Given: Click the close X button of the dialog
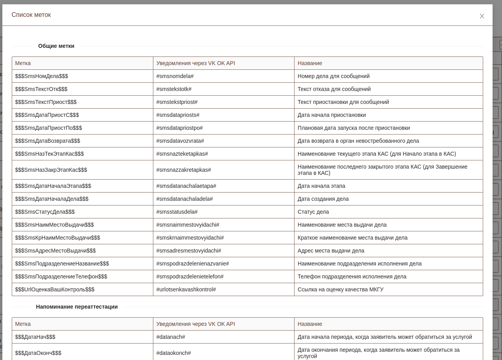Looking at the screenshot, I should click(482, 16).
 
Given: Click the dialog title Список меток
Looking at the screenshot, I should click(31, 15).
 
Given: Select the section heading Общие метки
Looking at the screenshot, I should click(56, 46).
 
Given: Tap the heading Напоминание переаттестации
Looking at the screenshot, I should click(77, 307).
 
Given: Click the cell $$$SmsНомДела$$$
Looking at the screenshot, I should click(42, 76).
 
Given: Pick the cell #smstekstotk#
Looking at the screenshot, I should click(174, 89).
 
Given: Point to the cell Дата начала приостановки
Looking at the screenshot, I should click(331, 115).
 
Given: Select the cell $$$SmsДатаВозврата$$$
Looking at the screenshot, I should click(47, 141).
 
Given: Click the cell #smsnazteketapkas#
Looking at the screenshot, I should click(182, 154).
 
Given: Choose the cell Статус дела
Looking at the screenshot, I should click(313, 212).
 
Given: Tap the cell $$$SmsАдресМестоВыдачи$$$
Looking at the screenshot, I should click(55, 251).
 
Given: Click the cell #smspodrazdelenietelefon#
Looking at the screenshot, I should click(190, 276).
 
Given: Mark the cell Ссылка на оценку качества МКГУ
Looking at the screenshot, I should click(340, 289).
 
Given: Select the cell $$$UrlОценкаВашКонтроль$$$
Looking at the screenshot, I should click(55, 289).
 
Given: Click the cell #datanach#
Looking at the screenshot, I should click(171, 337).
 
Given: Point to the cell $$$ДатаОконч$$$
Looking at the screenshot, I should click(38, 353).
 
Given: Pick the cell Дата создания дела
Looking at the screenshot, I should click(323, 199).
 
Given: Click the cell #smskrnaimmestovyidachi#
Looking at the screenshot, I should click(190, 238).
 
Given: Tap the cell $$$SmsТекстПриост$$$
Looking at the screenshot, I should click(46, 102).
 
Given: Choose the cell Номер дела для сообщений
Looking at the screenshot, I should click(333, 76).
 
